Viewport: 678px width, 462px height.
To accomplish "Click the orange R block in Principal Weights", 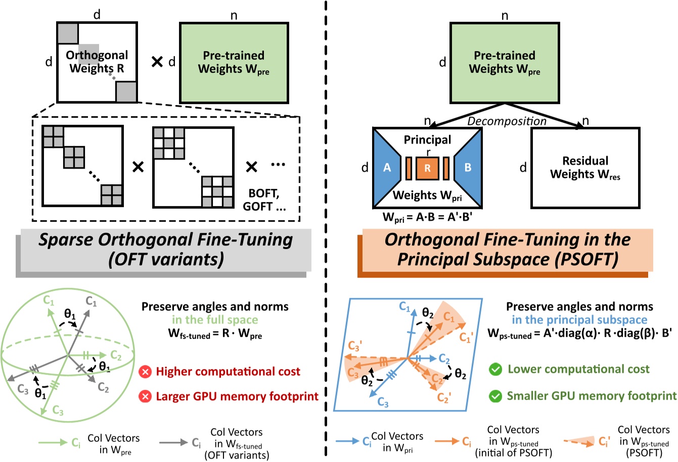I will point(427,168).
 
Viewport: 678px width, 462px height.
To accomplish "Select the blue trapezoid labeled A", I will point(387,168).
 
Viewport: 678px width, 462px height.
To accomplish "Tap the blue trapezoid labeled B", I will point(468,168).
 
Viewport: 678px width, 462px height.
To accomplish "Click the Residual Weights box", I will point(585,168).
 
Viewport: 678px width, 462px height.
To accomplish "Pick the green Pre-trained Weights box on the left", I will point(234,62).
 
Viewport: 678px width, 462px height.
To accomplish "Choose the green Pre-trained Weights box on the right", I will point(505,62).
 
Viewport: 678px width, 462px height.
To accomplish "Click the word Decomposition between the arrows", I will point(507,121).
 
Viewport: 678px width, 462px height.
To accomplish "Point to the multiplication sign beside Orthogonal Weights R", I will point(157,62).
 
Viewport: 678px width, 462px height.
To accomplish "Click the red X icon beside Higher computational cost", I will point(145,372).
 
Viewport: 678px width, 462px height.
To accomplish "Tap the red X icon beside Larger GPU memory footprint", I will point(145,396).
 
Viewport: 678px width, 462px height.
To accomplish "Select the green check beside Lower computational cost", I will point(495,370).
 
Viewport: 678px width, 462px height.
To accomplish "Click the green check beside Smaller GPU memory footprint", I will point(495,396).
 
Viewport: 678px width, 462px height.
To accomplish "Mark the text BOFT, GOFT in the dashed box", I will point(264,200).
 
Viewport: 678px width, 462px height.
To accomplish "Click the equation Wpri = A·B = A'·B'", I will point(427,218).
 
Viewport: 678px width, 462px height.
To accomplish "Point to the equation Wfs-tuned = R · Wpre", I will point(215,334).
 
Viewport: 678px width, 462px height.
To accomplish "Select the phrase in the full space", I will point(215,320).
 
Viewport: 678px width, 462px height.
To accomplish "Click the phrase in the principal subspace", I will point(579,320).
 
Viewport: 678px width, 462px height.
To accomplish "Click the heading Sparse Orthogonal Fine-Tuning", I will point(166,239).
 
